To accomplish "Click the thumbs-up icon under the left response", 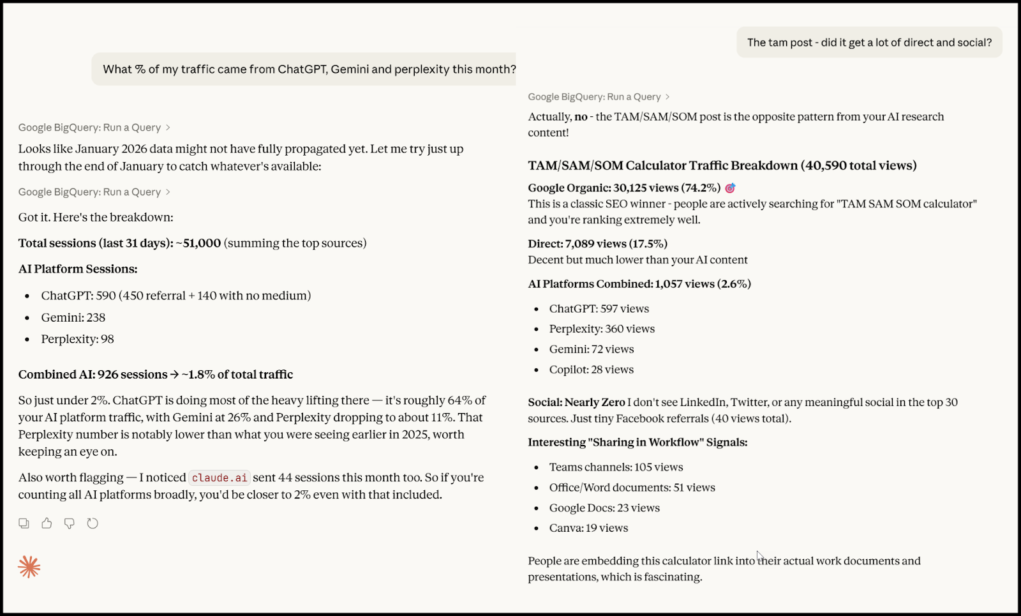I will pos(47,523).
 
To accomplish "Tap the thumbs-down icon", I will pos(70,523).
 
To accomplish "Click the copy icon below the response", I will pos(24,523).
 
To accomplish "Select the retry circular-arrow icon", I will pos(93,523).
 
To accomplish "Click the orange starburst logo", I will pos(29,566).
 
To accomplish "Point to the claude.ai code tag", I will pos(220,477).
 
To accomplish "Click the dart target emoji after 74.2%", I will pos(730,188).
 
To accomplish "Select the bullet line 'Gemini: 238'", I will pos(73,317).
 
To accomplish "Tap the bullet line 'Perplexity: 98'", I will pos(77,339).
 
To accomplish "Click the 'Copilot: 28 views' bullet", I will pos(591,370).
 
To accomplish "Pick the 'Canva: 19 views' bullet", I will pos(588,528).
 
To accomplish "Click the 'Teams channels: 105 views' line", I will pos(616,467).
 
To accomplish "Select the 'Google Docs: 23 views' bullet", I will pos(604,508).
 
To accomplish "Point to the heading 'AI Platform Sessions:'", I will pos(78,269).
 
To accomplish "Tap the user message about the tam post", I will pos(869,43).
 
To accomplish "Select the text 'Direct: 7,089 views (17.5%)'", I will pos(597,244).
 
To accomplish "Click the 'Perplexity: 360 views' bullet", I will pos(602,329).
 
